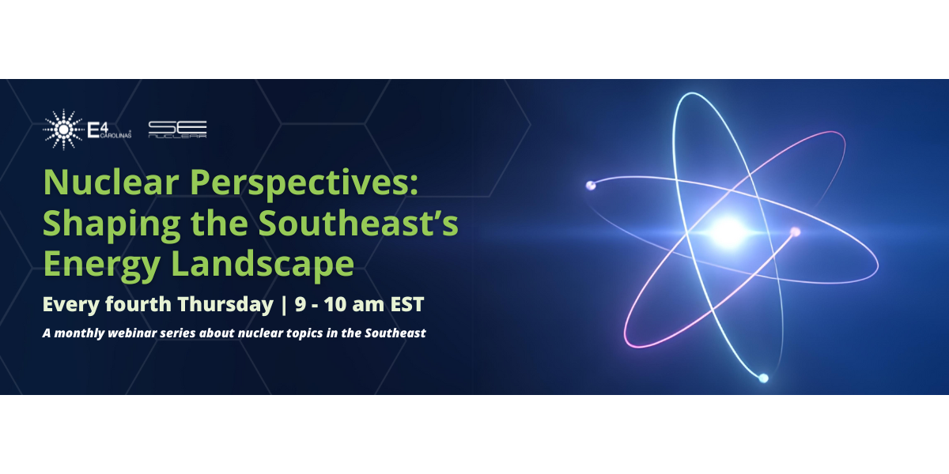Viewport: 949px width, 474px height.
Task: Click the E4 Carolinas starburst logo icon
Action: (63, 129)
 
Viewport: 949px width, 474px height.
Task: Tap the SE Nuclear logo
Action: (178, 130)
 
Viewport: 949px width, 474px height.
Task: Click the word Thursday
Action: (225, 304)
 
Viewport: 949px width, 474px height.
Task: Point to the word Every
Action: (70, 304)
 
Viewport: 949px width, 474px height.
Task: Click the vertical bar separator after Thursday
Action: (282, 304)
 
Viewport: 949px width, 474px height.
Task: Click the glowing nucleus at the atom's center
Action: (727, 231)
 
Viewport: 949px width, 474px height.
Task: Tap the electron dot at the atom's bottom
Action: (763, 378)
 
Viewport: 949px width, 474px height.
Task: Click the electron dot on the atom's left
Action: (590, 186)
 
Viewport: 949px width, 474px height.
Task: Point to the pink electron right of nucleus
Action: (796, 231)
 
